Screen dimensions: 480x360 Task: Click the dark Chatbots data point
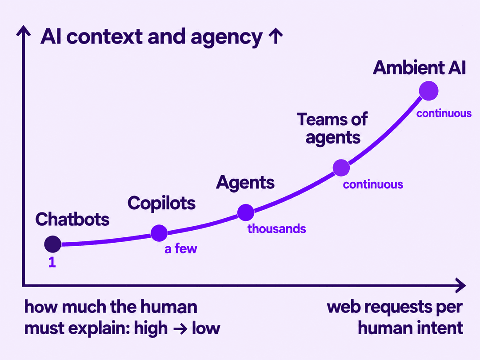click(52, 244)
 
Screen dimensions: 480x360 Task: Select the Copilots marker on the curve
click(159, 233)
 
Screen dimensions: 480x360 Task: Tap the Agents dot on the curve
click(246, 212)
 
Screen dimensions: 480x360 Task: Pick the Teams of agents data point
click(341, 168)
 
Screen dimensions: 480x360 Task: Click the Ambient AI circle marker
click(428, 91)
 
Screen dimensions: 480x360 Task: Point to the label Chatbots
click(72, 219)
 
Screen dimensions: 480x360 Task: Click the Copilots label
click(161, 203)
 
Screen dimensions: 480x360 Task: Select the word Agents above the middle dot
click(245, 183)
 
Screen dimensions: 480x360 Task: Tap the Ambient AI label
click(420, 68)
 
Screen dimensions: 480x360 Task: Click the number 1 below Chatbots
click(52, 262)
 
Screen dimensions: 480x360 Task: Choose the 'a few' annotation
click(180, 248)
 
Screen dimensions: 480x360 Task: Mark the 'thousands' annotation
click(277, 229)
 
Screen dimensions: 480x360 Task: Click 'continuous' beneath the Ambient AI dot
click(444, 114)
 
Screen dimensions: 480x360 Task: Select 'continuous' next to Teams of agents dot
click(373, 184)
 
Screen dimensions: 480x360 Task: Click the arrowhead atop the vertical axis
click(24, 30)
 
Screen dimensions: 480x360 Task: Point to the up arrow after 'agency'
click(276, 36)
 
